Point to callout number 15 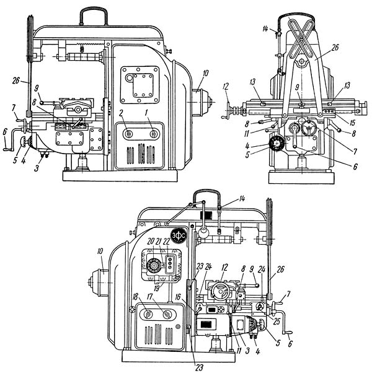point(352,123)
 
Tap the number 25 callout point(277,321)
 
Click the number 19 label point(157,288)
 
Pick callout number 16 point(177,297)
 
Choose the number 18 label point(135,297)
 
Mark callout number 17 point(150,297)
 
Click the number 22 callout point(166,242)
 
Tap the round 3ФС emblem point(179,235)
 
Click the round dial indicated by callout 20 point(154,266)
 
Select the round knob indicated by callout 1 point(153,134)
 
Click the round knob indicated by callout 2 point(128,134)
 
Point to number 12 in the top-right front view point(226,87)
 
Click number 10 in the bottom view point(100,251)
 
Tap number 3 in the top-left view point(37,168)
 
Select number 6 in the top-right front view point(355,166)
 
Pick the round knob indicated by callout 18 point(148,313)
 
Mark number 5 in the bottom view point(278,343)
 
